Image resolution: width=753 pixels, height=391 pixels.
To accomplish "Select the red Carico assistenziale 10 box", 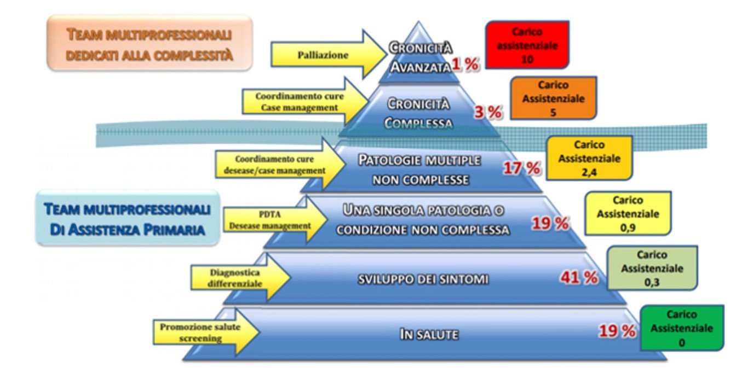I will point(527,45).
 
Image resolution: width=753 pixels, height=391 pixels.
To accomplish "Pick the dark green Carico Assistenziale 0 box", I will point(681,328).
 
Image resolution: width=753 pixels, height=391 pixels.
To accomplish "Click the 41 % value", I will point(578,278).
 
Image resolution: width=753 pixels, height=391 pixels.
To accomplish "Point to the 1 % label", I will point(465,65).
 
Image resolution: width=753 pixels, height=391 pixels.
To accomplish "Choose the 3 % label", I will point(487,113).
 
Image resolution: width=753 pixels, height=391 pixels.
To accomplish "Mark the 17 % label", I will point(522,168).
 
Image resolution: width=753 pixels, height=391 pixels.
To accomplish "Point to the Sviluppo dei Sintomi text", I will point(423,279).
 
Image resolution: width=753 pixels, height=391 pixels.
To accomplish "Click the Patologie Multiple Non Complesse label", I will point(420,170).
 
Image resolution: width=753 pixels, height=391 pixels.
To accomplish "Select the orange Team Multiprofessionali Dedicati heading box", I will point(150,43).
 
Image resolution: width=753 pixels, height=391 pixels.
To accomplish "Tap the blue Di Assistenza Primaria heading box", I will point(128,218).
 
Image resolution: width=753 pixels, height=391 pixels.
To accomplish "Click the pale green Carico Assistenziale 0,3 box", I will point(652,269).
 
